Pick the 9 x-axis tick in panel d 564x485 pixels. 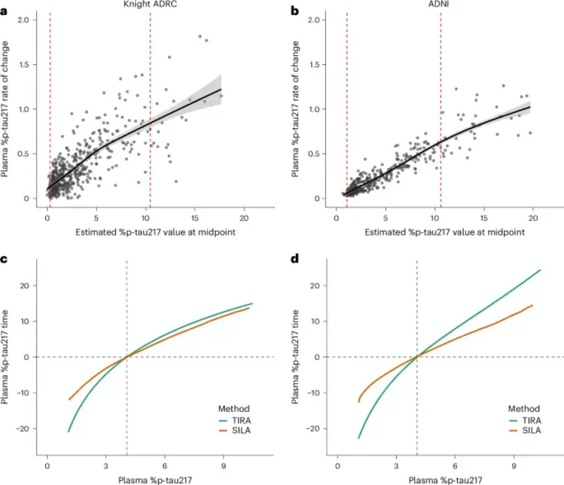pos(513,466)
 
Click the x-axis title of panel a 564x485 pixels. pos(145,231)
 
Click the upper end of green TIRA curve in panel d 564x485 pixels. pos(540,270)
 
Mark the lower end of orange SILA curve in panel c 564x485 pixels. pos(69,399)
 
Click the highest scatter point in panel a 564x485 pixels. pos(200,36)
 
